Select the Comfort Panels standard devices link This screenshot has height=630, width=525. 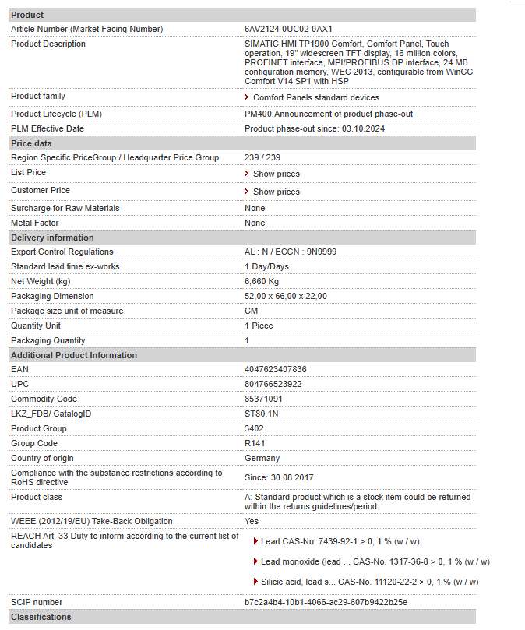click(315, 97)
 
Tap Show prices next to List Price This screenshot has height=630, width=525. click(276, 174)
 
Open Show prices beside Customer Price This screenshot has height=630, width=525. click(276, 192)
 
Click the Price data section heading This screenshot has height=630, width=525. click(31, 143)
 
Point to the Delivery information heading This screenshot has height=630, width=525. click(51, 238)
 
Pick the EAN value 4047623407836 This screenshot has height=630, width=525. click(275, 369)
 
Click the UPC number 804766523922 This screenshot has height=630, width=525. click(273, 384)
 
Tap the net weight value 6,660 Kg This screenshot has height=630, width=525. click(261, 281)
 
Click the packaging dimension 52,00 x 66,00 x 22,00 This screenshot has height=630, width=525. click(285, 296)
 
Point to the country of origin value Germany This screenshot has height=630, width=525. click(262, 458)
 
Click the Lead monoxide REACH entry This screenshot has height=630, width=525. click(375, 561)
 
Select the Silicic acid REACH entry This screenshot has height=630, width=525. click(369, 582)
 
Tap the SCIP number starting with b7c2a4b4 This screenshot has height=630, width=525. click(326, 602)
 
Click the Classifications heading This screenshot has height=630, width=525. click(41, 617)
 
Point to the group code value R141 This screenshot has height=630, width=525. click(254, 443)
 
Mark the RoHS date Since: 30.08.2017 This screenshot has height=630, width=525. click(279, 477)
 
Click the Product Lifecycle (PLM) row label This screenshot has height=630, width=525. click(56, 114)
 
